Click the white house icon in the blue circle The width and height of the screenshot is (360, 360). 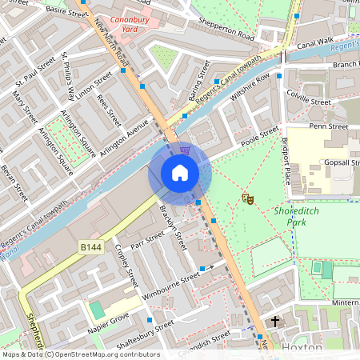click(x=180, y=173)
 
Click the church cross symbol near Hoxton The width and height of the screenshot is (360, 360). click(x=275, y=322)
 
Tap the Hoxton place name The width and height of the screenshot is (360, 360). click(x=303, y=348)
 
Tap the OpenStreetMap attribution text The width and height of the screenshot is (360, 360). click(x=80, y=354)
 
